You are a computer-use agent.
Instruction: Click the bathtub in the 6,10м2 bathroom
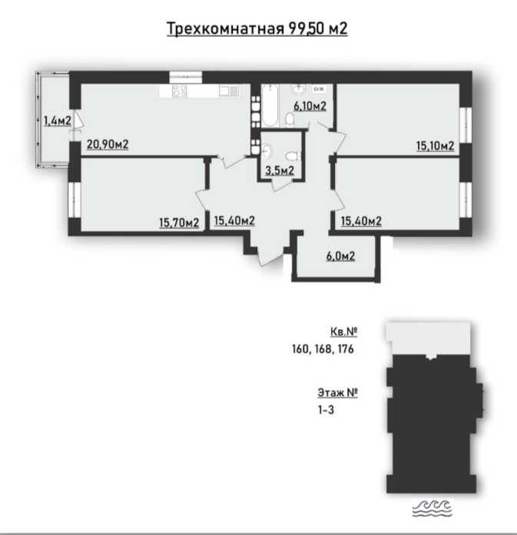coord(270,106)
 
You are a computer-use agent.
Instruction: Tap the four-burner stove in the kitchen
coord(180,91)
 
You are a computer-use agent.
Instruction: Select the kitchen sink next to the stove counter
coord(228,91)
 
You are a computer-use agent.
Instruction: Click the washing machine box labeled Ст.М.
coord(318,89)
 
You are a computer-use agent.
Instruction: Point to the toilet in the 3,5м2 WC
coord(293,157)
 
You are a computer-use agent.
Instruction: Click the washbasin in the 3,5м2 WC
coord(267,150)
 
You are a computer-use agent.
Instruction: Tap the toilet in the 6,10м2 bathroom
coord(290,120)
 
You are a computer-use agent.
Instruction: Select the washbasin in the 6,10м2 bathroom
coord(299,90)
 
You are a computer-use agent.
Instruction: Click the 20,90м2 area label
coord(108,144)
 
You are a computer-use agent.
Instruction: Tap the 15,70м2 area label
coord(179,223)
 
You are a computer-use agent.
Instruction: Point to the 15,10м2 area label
coord(435,146)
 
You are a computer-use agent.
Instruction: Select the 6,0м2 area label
coord(340,256)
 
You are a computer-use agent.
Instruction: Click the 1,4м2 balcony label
coord(58,121)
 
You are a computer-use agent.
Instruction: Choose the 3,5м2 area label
coord(280,170)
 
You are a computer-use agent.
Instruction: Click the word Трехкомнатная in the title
coord(226,28)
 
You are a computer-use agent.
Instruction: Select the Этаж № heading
coord(338,393)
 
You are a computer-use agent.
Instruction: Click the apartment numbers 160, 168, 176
coord(323,349)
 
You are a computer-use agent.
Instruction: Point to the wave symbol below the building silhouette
coord(432,507)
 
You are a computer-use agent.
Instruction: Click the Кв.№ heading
coord(344,332)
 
